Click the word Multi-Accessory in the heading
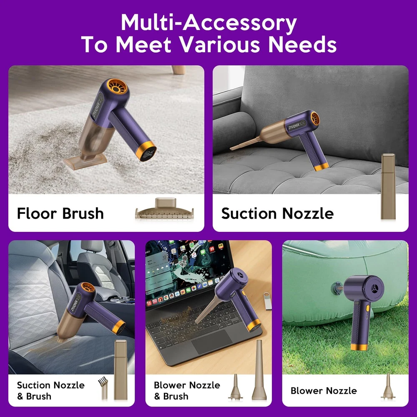[209, 23]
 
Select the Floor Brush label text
[60, 213]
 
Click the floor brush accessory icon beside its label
[164, 209]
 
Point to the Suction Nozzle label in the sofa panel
[277, 213]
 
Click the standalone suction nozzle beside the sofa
[388, 186]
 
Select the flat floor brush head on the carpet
[85, 160]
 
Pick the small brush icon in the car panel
[103, 388]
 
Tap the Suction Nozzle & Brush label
[50, 390]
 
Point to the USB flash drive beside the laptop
[268, 301]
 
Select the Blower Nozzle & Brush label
[187, 390]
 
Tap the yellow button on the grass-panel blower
[367, 309]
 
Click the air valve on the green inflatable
[337, 288]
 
